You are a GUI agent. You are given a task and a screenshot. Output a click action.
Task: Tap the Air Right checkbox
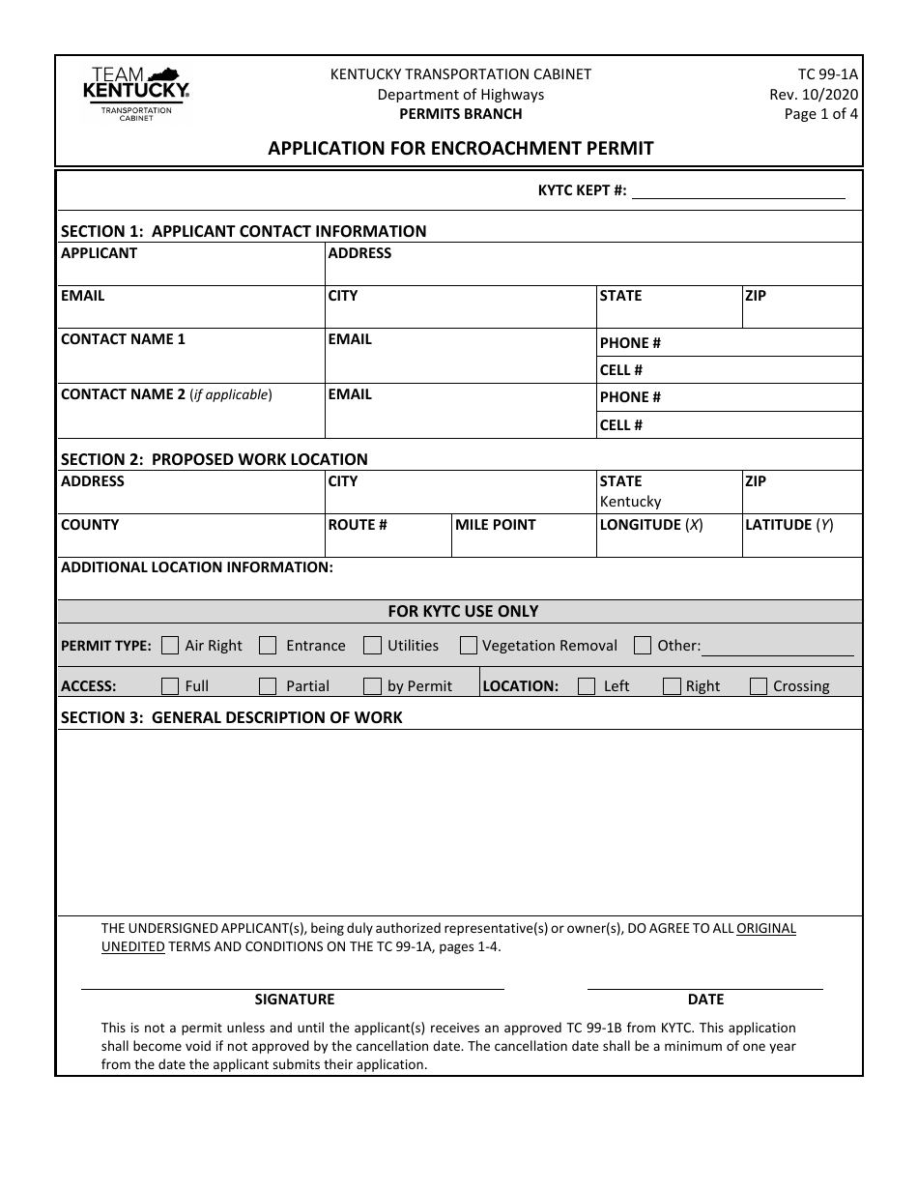pyautogui.click(x=170, y=646)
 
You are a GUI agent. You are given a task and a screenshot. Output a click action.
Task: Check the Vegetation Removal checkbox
pyautogui.click(x=469, y=646)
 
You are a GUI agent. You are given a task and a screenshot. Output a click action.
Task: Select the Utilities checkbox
pyautogui.click(x=372, y=646)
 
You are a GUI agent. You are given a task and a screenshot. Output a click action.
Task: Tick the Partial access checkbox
pyautogui.click(x=269, y=686)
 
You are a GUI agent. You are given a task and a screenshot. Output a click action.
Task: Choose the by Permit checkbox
pyautogui.click(x=372, y=686)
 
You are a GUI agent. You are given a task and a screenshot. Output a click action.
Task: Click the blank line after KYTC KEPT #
pyautogui.click(x=738, y=191)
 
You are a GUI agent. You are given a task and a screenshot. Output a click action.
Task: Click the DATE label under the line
pyautogui.click(x=705, y=1000)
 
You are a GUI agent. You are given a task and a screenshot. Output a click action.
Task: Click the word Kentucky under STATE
pyautogui.click(x=630, y=502)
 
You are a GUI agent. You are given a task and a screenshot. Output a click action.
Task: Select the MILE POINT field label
pyautogui.click(x=496, y=525)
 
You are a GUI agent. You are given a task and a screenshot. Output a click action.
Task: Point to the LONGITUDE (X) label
pyautogui.click(x=651, y=525)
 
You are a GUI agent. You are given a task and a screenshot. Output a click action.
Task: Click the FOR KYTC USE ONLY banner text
pyautogui.click(x=463, y=611)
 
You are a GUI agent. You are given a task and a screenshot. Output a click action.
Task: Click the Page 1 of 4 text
pyautogui.click(x=820, y=114)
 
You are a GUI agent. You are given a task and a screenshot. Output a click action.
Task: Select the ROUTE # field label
pyautogui.click(x=358, y=525)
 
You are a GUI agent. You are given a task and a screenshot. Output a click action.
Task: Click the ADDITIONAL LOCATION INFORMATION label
pyautogui.click(x=197, y=567)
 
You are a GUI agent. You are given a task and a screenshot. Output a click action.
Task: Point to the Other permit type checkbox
pyautogui.click(x=643, y=646)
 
